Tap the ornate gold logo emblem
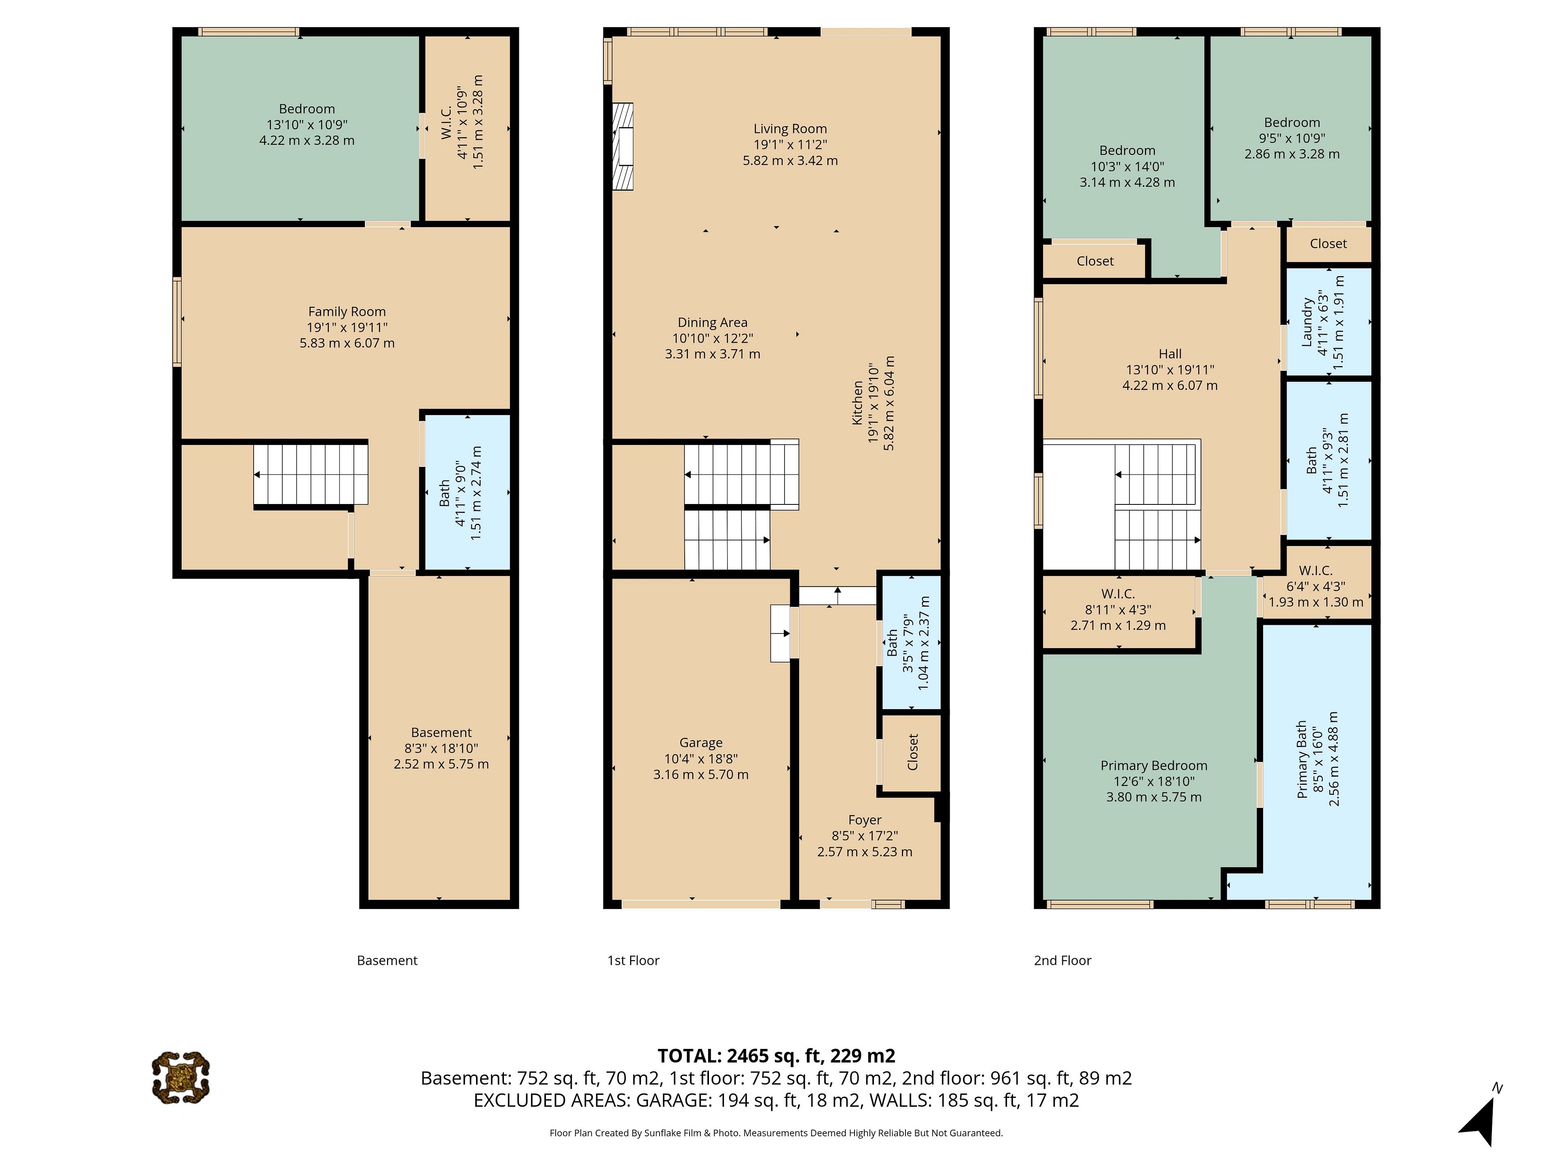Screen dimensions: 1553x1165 [x=180, y=1077]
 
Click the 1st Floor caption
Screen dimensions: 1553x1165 [x=633, y=960]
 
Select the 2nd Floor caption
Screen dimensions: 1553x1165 [x=1062, y=960]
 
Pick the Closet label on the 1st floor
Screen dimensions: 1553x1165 [x=913, y=752]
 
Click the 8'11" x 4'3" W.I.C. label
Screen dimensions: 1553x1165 [x=1118, y=610]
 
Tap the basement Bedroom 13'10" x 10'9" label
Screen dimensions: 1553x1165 [x=307, y=124]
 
